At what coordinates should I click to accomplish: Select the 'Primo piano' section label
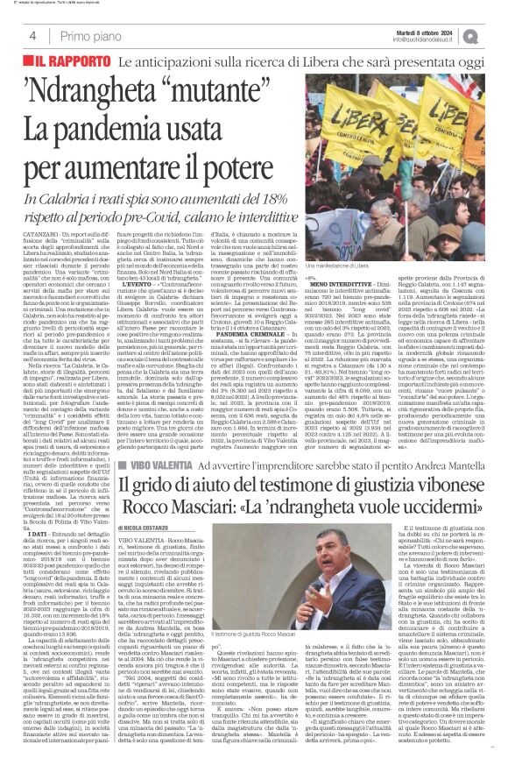(x=89, y=36)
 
